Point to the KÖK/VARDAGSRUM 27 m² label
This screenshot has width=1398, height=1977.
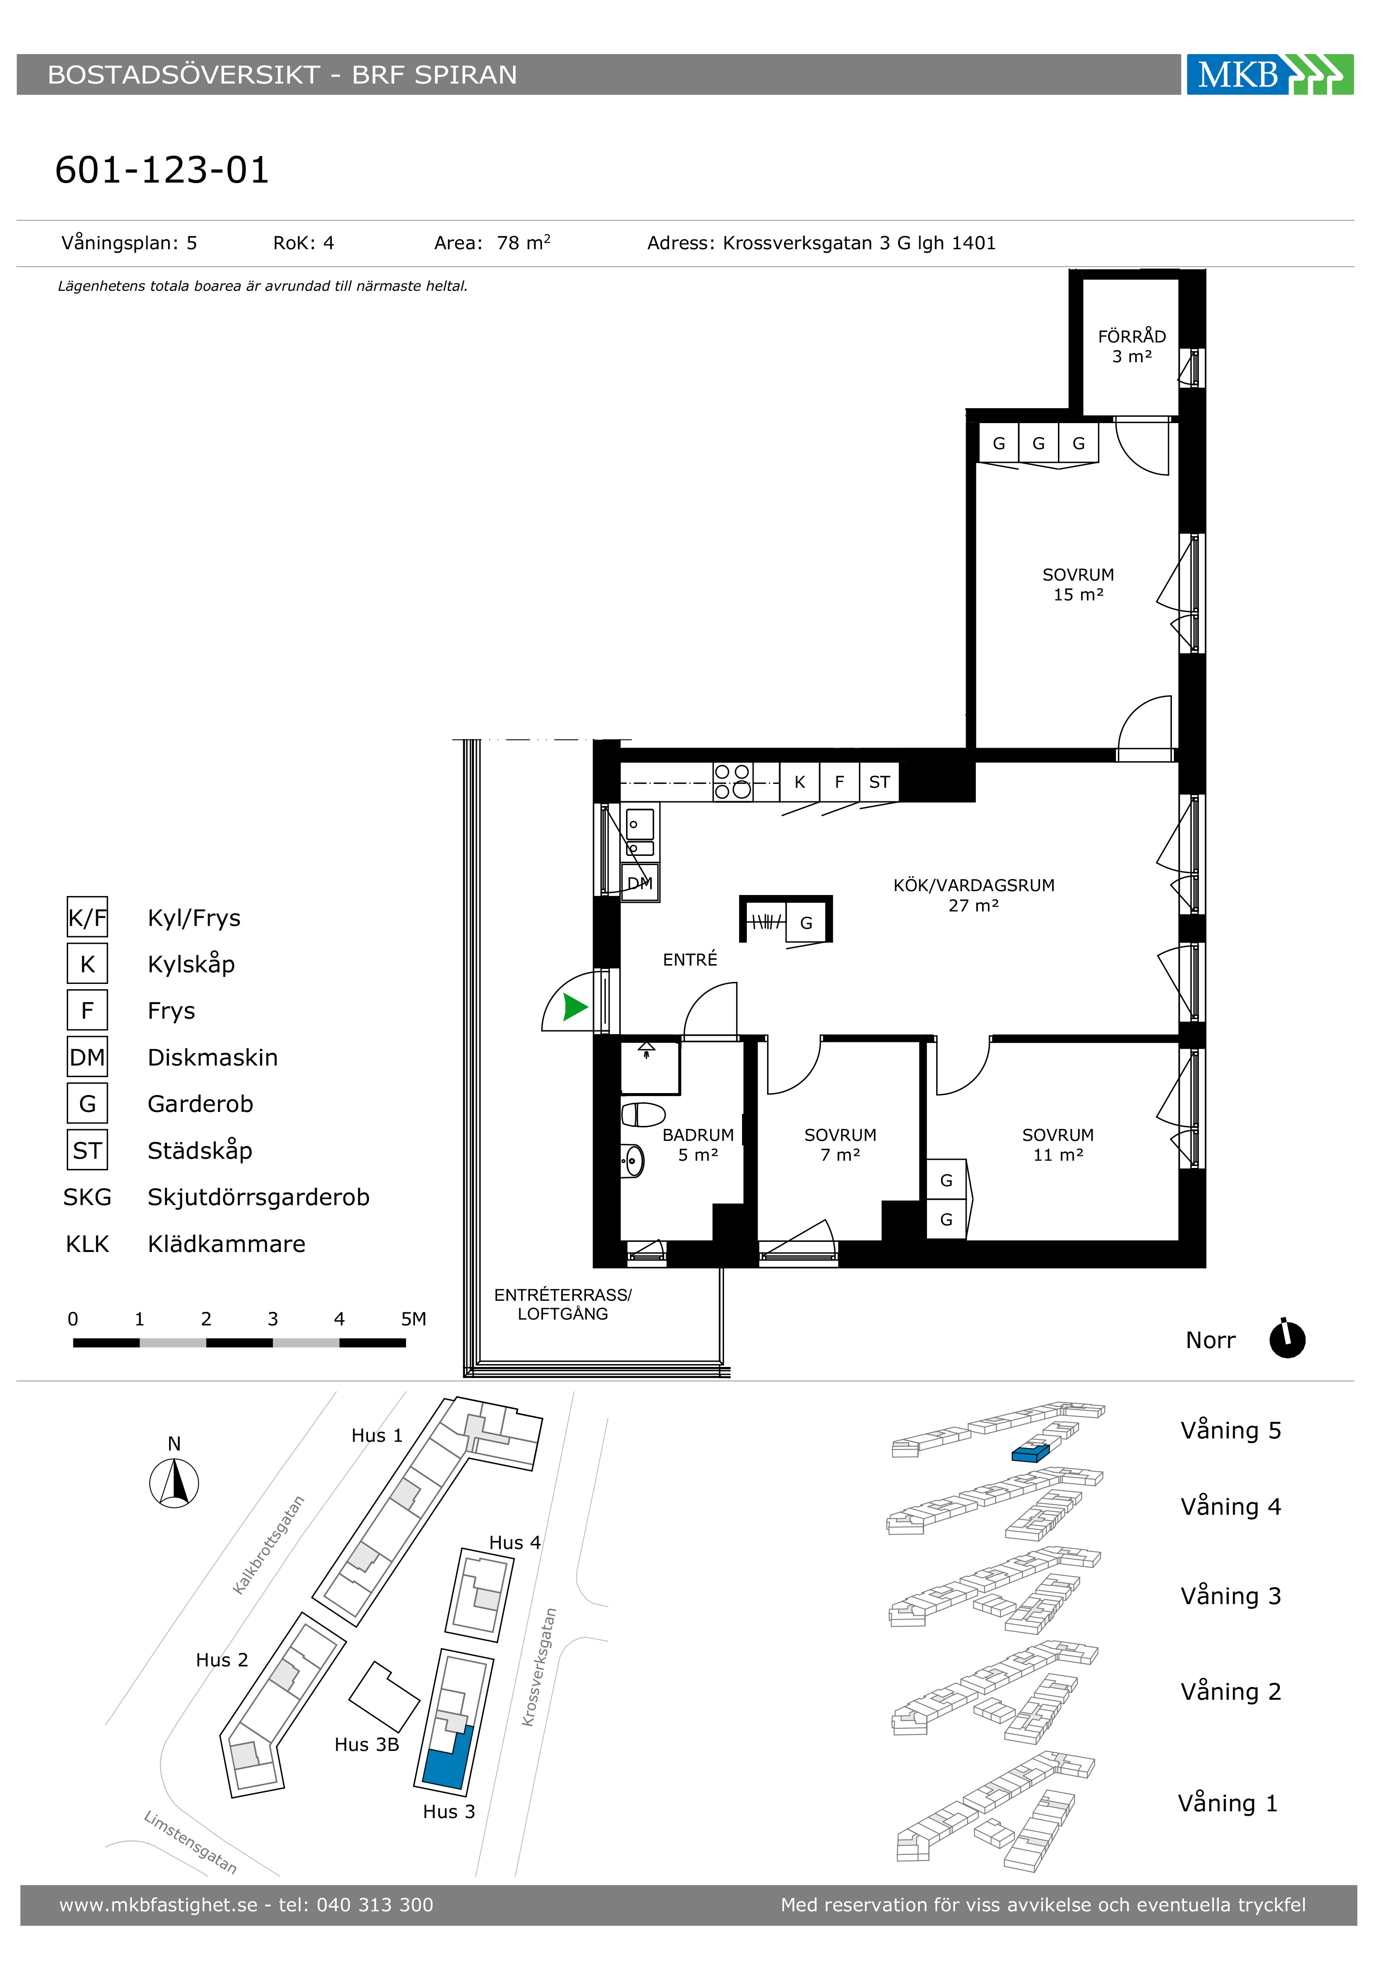click(x=973, y=895)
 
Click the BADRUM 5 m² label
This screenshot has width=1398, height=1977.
click(x=698, y=1145)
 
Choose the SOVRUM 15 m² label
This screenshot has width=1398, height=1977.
click(x=1078, y=584)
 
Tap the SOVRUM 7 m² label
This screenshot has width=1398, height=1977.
click(x=840, y=1145)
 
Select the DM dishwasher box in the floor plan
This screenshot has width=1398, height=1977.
click(x=640, y=882)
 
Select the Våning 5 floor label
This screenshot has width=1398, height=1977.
click(x=1231, y=1430)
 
